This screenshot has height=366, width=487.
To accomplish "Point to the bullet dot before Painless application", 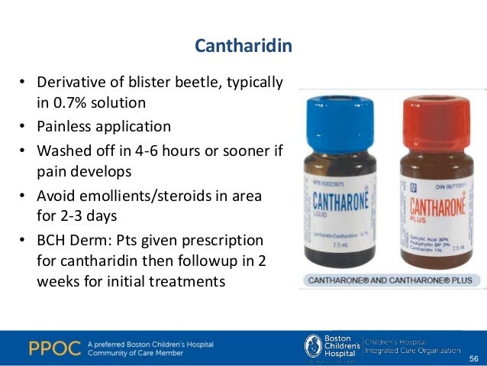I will [24, 126].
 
